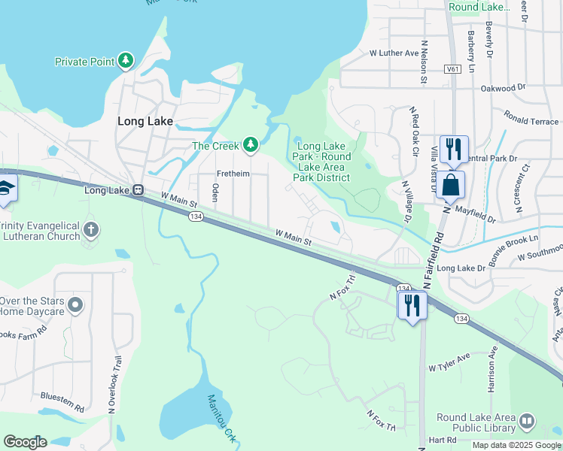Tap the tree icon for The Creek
[x=250, y=145]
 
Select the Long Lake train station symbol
[x=138, y=190]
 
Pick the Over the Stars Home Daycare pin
[x=75, y=304]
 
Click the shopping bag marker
[x=450, y=184]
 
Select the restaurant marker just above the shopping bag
[x=453, y=148]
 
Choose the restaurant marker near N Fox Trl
[x=412, y=304]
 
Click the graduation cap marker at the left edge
[x=6, y=189]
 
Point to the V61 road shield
[x=453, y=68]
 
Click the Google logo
[x=25, y=442]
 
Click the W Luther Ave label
[x=394, y=53]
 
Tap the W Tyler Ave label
[x=449, y=362]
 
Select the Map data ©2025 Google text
[x=516, y=445]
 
